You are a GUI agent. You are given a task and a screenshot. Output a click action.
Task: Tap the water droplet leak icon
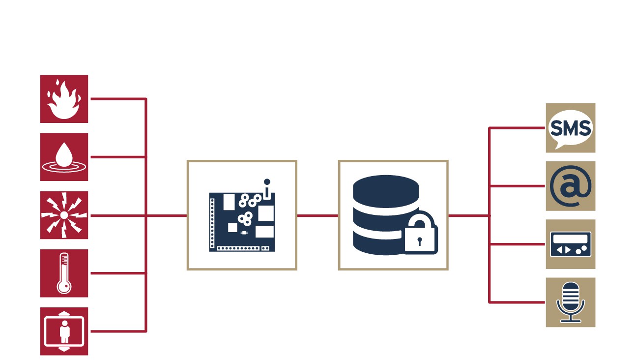(x=64, y=157)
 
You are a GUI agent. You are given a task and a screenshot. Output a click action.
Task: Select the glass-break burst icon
(x=64, y=215)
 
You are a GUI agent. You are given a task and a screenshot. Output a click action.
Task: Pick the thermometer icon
(x=64, y=273)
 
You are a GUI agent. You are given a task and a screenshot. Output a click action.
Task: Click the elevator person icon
(x=64, y=331)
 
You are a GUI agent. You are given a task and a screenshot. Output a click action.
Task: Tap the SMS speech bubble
(x=570, y=128)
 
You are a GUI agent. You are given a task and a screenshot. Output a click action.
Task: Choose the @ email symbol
(x=570, y=186)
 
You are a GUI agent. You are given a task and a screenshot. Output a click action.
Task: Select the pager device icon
(x=570, y=244)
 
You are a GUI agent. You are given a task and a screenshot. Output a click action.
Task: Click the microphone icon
(x=570, y=302)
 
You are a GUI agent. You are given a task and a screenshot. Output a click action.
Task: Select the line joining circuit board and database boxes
(x=317, y=215)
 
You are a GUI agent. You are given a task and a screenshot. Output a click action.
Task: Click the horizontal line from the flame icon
(x=118, y=99)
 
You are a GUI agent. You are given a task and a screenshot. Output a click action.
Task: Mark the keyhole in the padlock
(x=420, y=241)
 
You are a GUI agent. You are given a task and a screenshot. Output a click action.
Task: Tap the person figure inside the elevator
(x=64, y=332)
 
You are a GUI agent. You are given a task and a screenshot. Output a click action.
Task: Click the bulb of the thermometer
(x=64, y=287)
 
